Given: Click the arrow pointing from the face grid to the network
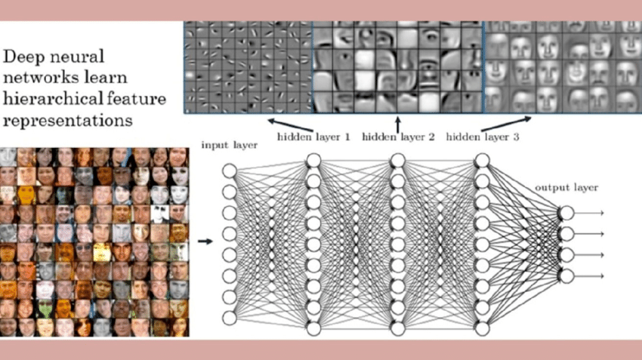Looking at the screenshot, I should coord(204,242).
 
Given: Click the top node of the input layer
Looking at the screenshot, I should coord(230,171).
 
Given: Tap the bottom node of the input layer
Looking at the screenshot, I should coord(230,317).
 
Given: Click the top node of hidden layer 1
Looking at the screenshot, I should coord(313,160).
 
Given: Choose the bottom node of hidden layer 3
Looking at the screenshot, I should coord(481,328).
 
